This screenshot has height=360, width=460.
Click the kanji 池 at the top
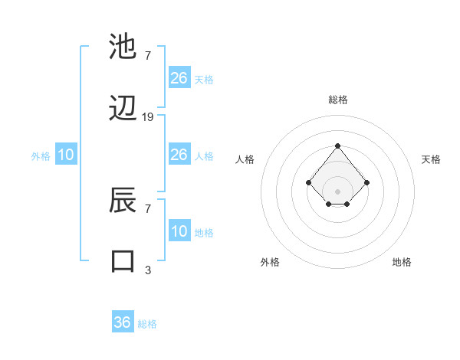click(123, 47)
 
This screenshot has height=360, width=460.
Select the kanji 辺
click(123, 109)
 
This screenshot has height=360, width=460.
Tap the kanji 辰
click(123, 201)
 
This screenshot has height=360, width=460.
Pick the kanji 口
click(123, 261)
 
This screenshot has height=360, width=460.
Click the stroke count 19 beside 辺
click(148, 117)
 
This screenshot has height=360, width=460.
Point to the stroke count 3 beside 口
click(148, 270)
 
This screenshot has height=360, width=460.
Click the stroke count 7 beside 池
click(148, 56)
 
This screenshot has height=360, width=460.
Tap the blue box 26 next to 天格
click(179, 78)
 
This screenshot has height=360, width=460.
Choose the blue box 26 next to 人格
click(179, 155)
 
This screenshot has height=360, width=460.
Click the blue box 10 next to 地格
click(179, 231)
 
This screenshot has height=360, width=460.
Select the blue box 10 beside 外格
click(66, 155)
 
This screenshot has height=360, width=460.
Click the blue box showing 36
click(123, 322)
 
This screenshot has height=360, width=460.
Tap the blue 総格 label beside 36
click(148, 324)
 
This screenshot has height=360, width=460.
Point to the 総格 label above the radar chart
click(337, 100)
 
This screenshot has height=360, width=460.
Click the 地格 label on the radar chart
click(402, 263)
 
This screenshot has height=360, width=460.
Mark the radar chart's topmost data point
click(337, 146)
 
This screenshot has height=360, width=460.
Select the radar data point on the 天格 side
click(367, 182)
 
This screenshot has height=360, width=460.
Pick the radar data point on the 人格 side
click(308, 182)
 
